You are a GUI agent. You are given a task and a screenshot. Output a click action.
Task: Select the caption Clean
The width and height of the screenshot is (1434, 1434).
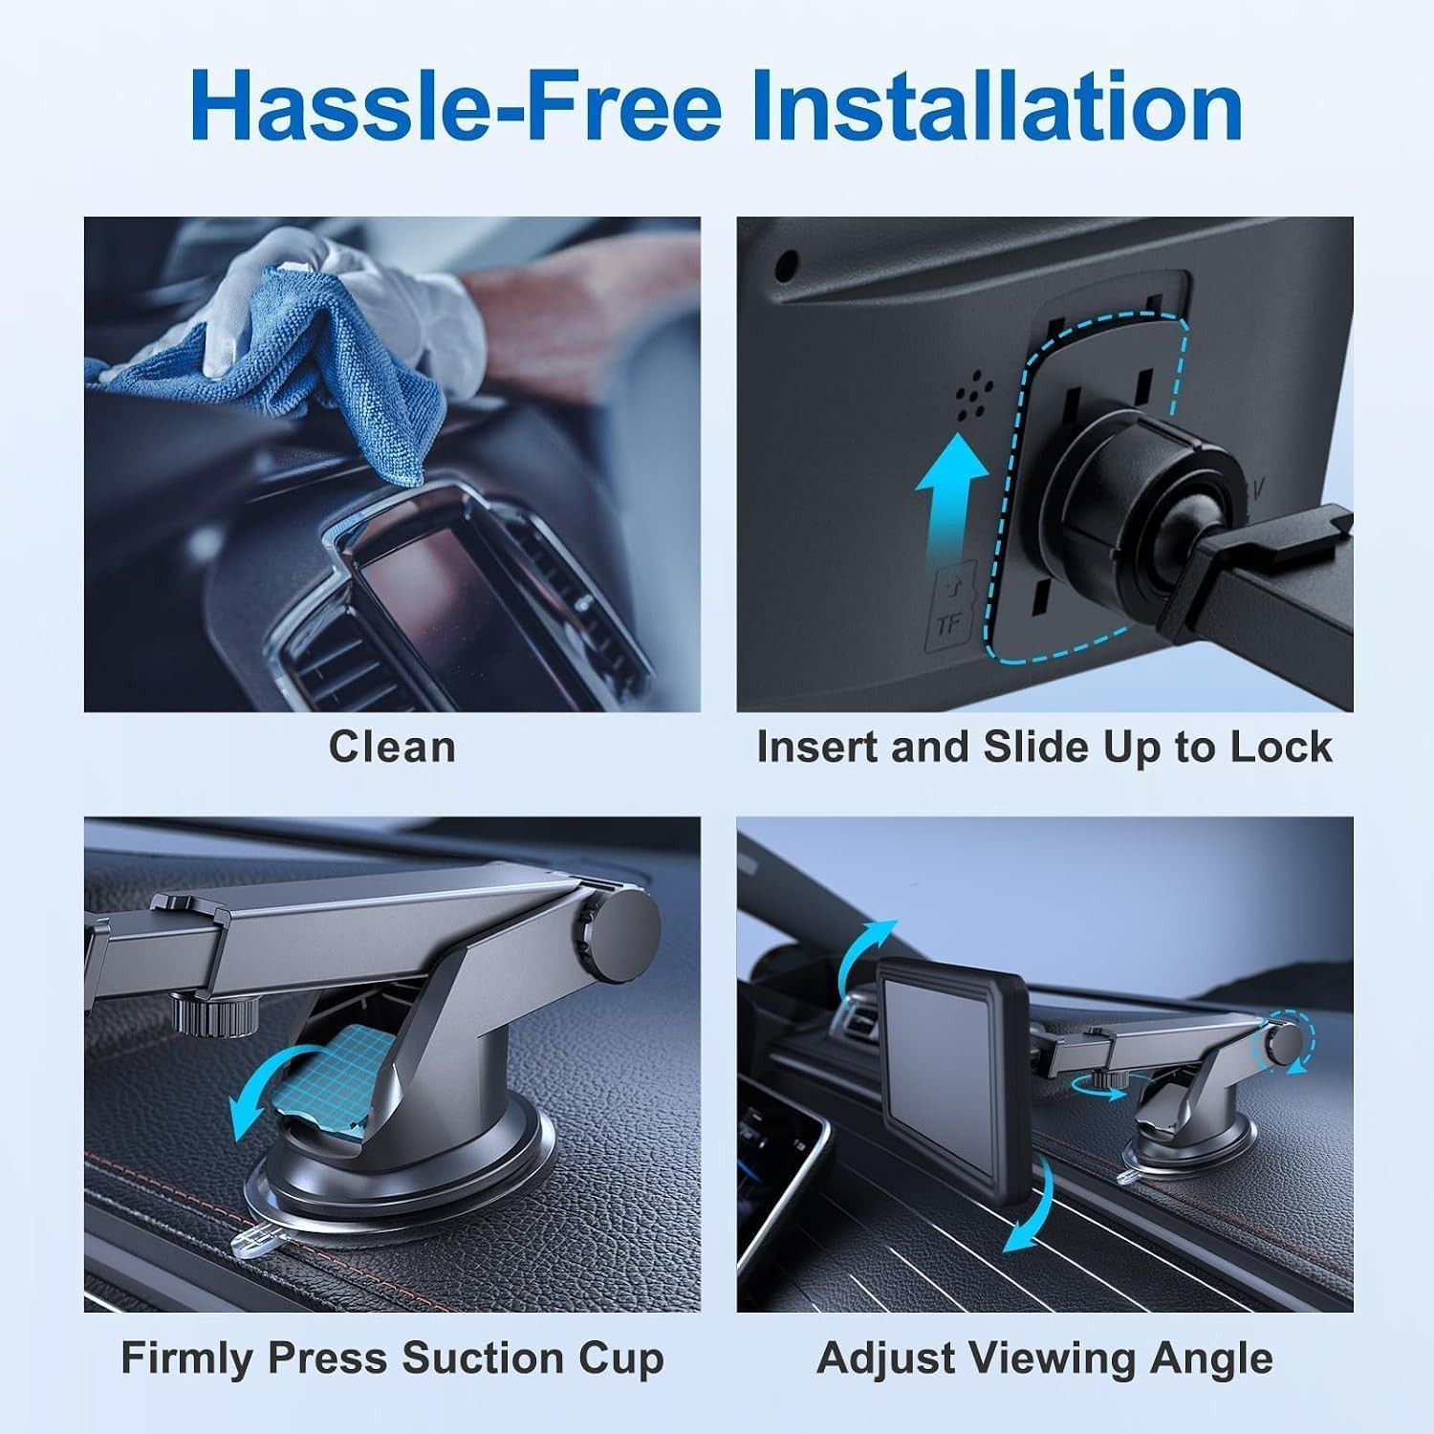click(392, 747)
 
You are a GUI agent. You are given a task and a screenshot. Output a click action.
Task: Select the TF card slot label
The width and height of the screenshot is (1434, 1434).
click(948, 612)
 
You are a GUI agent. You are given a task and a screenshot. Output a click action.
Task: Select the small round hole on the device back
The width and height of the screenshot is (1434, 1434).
click(788, 262)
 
